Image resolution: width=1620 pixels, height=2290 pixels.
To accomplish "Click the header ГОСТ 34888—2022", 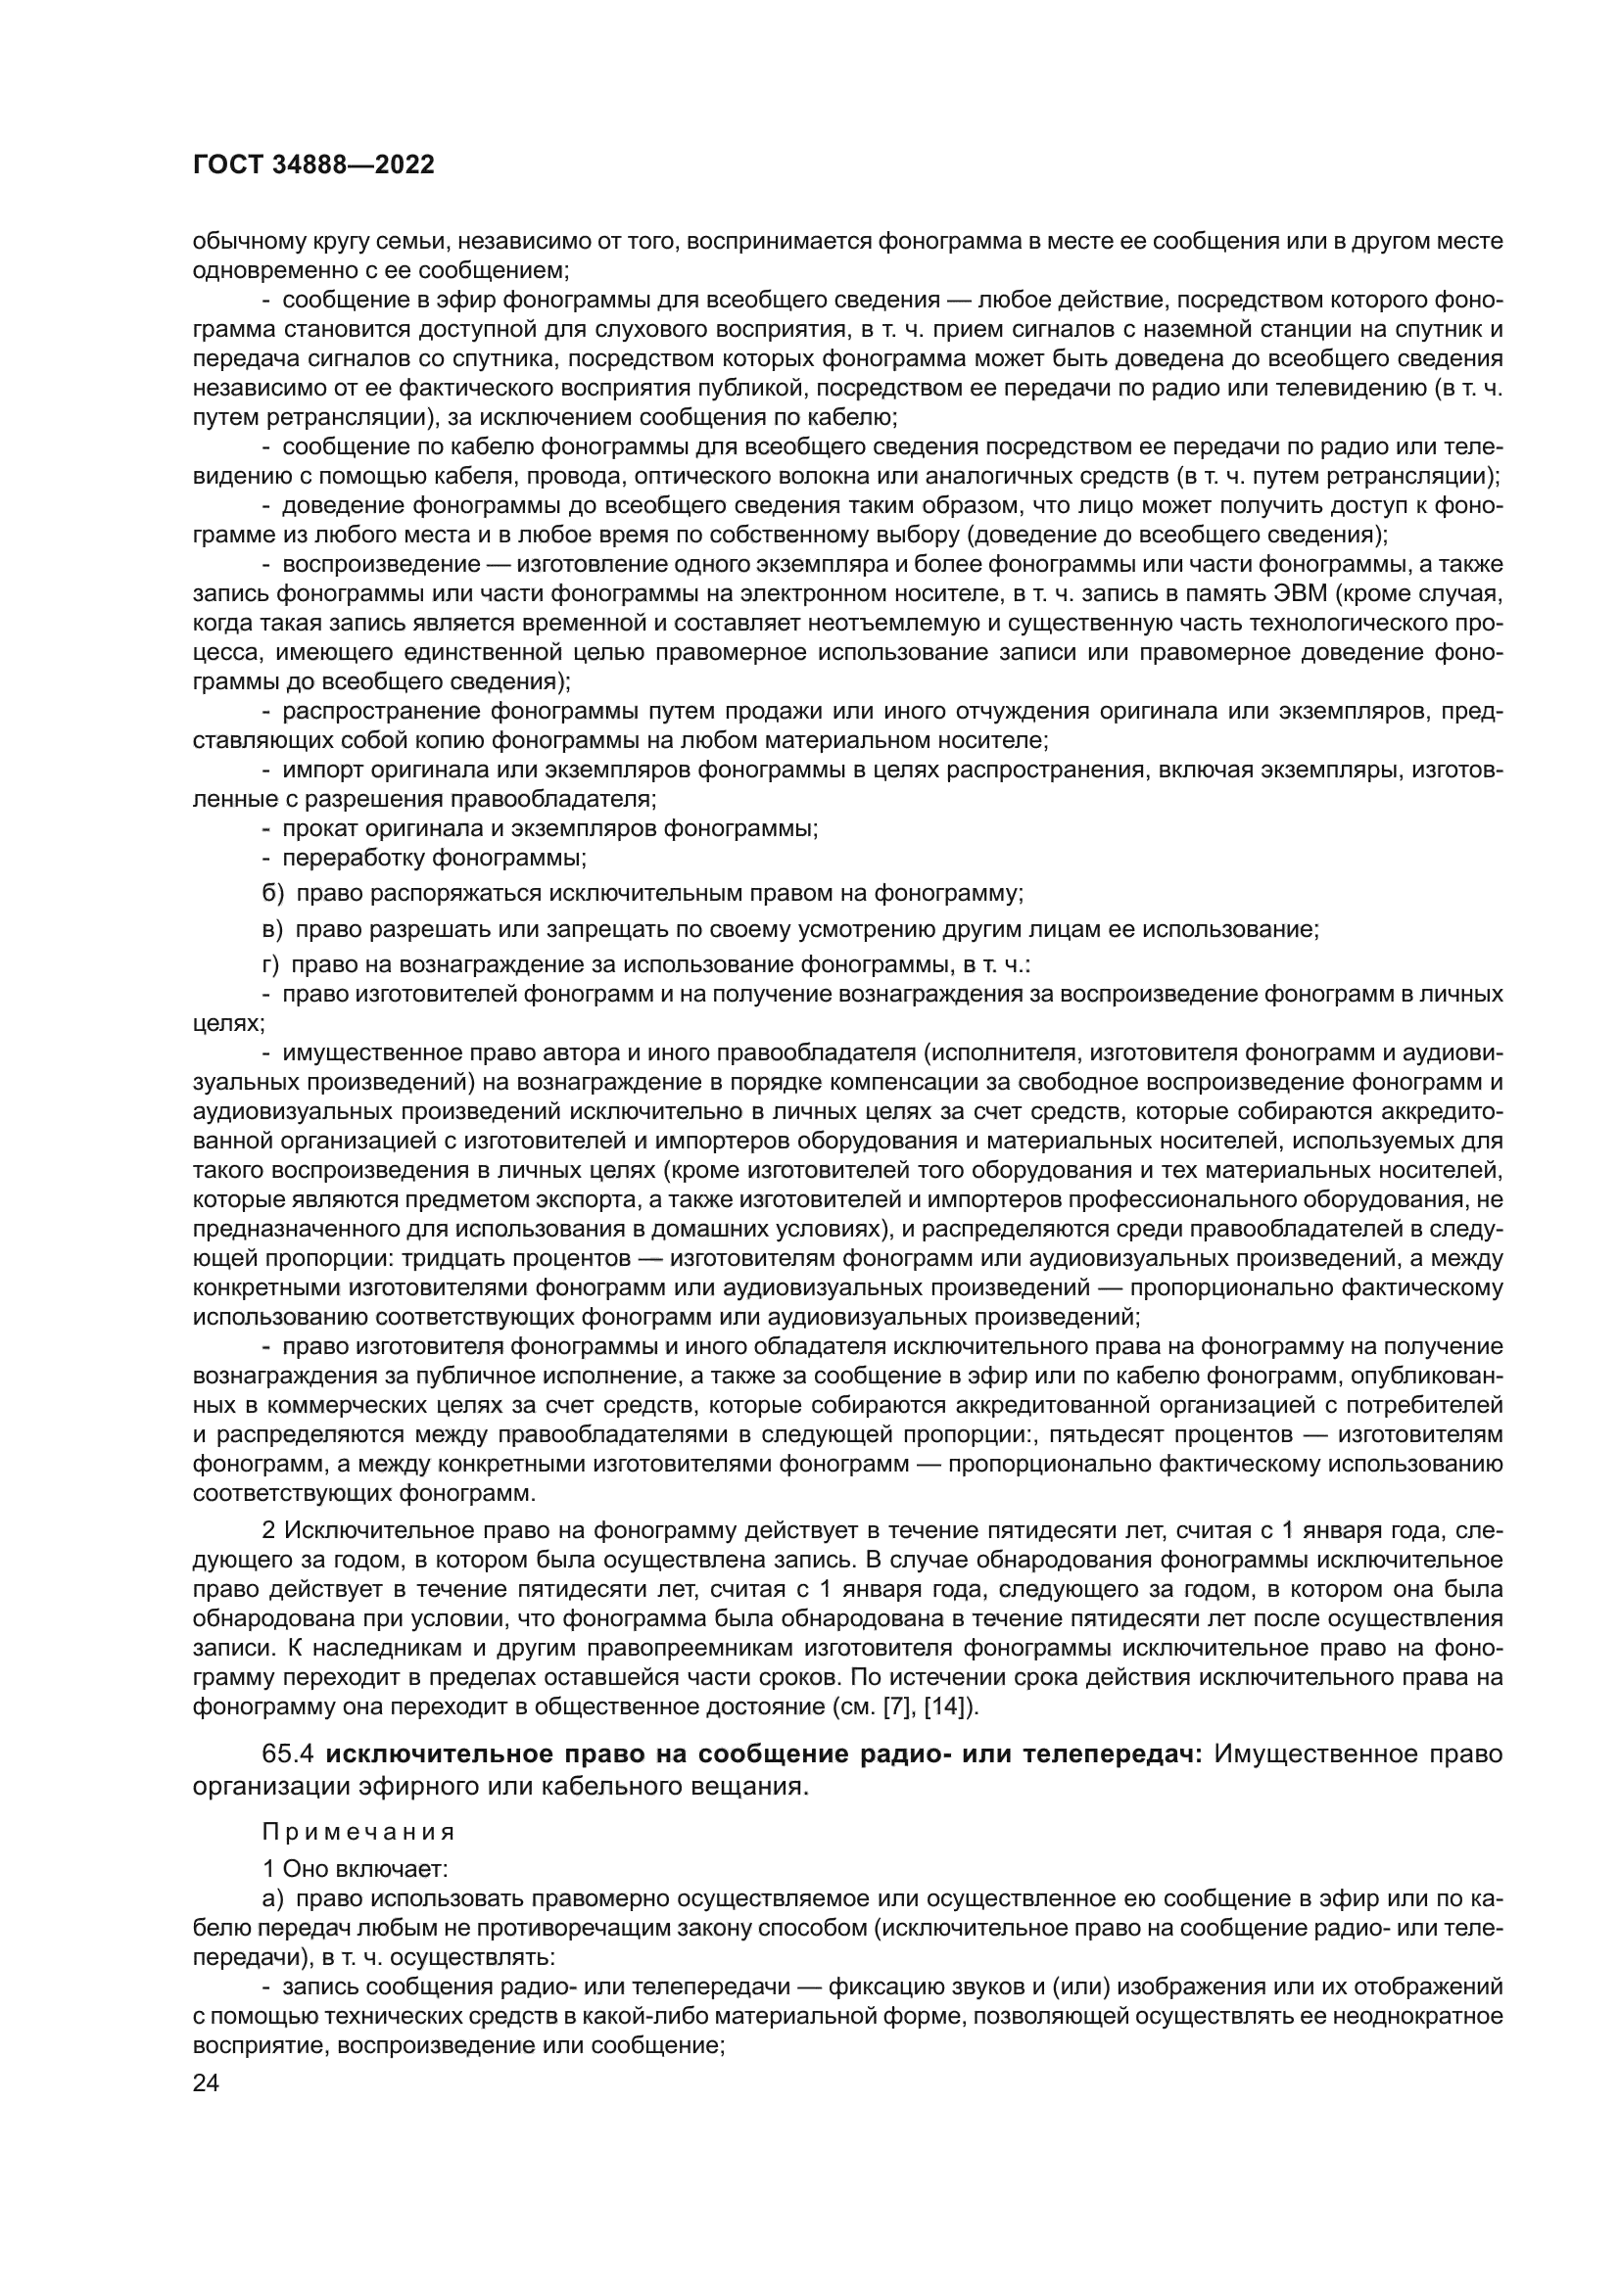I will click(313, 165).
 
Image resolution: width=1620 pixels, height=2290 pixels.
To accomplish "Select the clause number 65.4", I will click(289, 1754).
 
